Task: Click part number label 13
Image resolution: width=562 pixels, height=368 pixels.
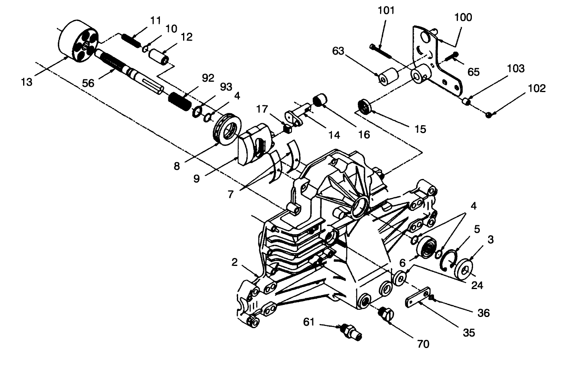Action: click(26, 82)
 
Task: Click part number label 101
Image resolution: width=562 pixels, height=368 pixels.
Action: click(386, 11)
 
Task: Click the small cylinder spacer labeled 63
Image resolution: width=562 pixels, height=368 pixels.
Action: click(389, 77)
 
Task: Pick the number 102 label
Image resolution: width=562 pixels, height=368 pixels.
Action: click(536, 88)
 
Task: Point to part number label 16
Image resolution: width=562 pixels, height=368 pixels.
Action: click(364, 134)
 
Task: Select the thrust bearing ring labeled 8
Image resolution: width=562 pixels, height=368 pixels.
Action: click(226, 132)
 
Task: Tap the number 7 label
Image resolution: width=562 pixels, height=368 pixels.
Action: click(230, 195)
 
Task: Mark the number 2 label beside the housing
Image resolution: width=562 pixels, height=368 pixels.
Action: click(235, 262)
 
